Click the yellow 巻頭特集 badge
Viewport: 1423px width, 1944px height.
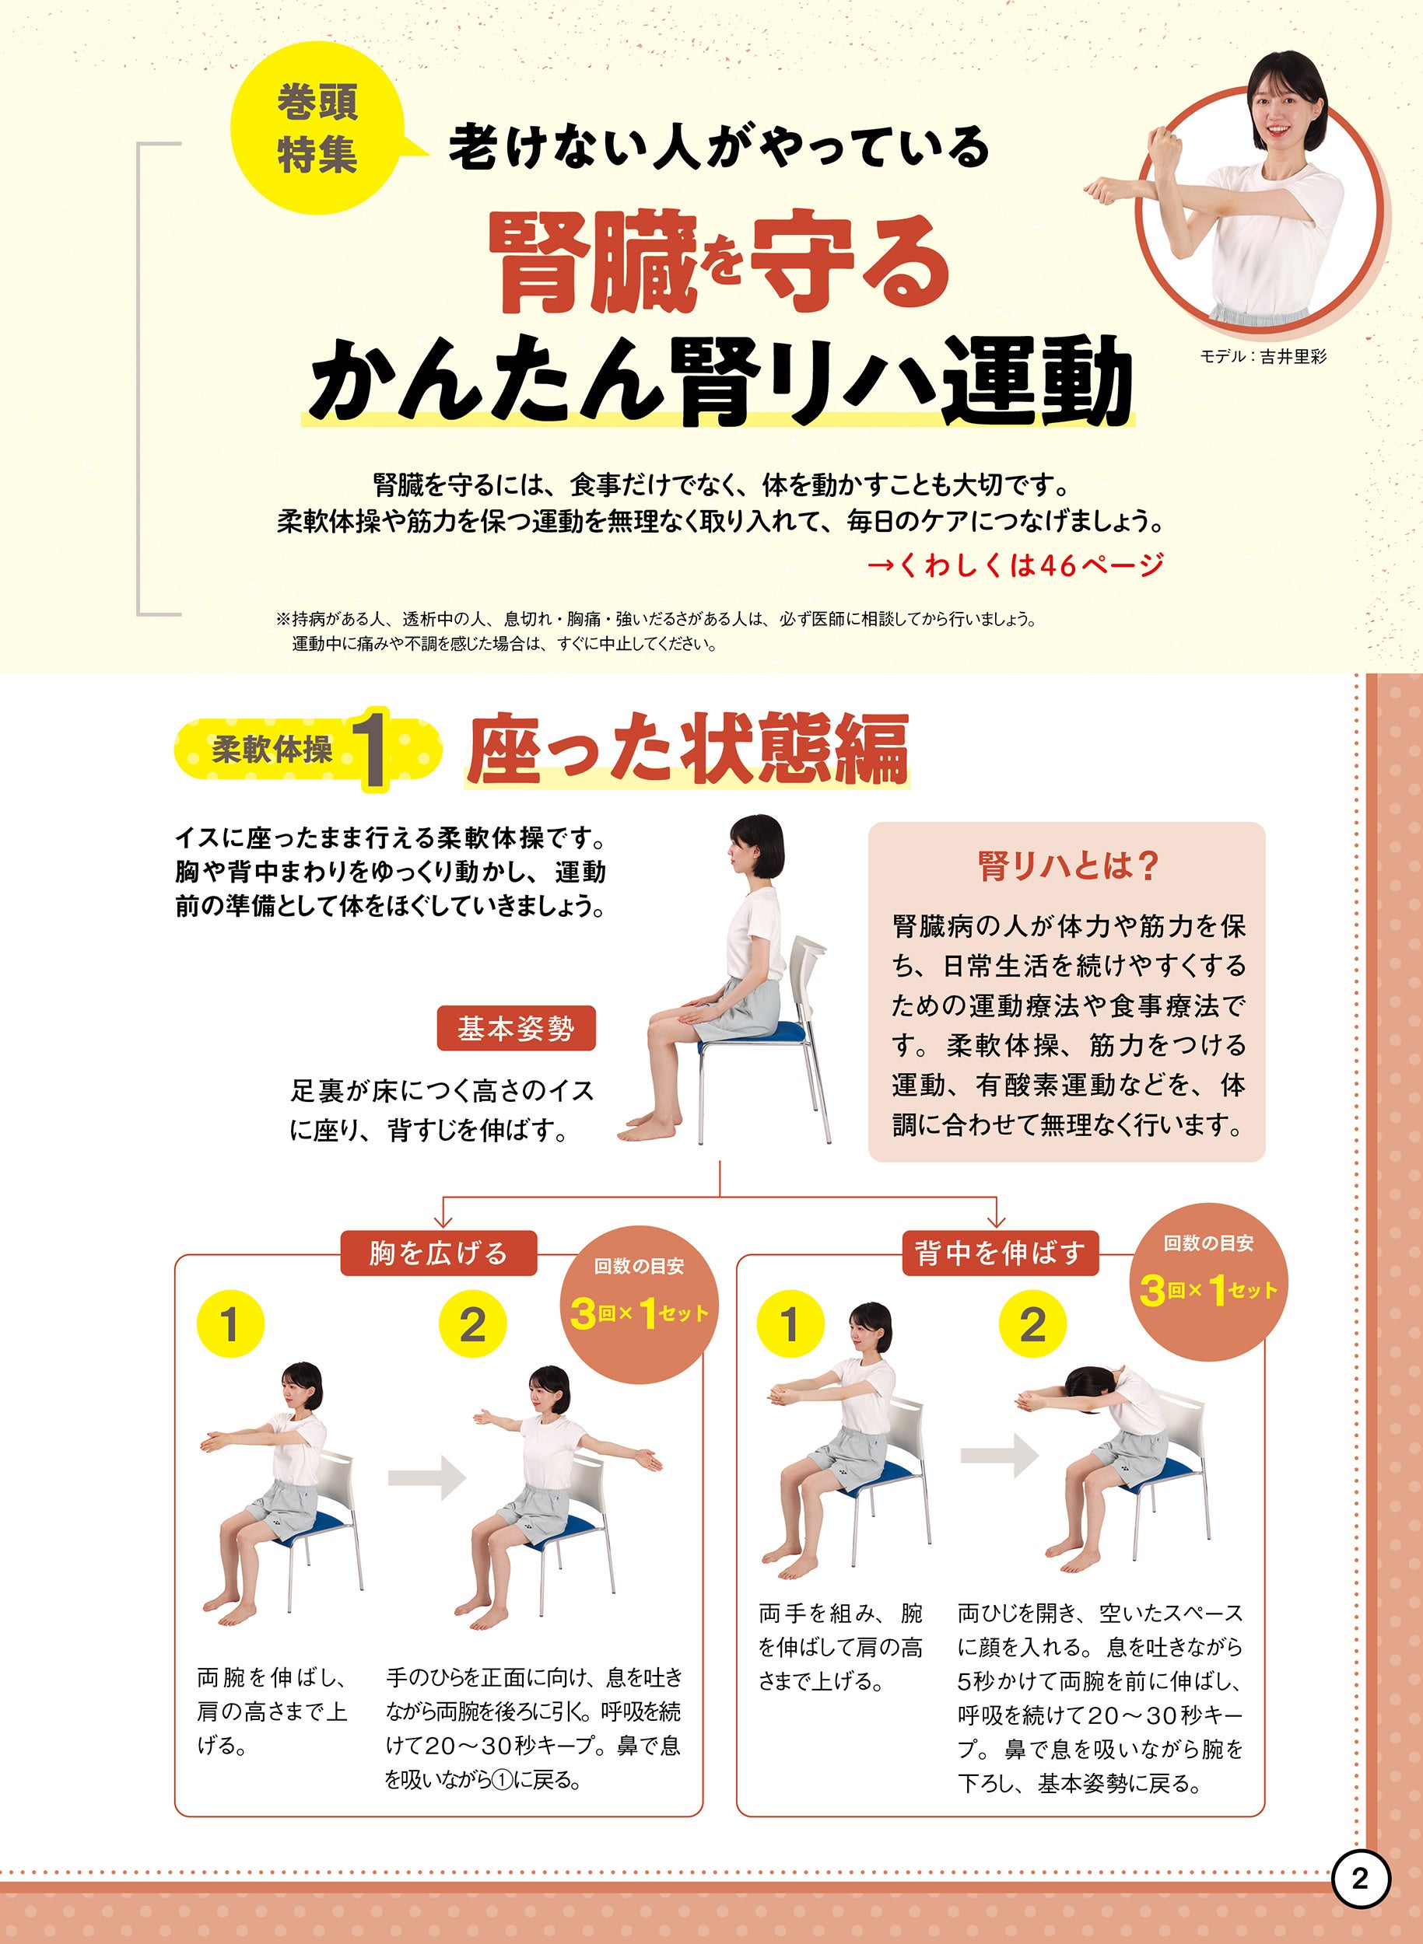(x=318, y=128)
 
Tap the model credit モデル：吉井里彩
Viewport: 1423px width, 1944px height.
(x=1264, y=356)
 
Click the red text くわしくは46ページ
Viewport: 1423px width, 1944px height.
(x=1015, y=565)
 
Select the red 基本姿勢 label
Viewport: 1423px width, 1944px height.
(x=516, y=1028)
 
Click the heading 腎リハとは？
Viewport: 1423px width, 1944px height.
(x=1068, y=866)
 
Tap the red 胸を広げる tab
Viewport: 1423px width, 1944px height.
(x=439, y=1253)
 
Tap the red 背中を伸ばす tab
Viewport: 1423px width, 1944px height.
(x=999, y=1253)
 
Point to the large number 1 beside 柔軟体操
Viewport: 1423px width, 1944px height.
(x=372, y=748)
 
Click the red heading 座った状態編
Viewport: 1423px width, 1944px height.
(x=688, y=748)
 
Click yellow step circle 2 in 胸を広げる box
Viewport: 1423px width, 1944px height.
(x=472, y=1324)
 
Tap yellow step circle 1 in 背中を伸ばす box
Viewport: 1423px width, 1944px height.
(x=790, y=1323)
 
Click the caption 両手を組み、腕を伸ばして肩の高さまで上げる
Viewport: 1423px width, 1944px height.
(x=841, y=1646)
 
